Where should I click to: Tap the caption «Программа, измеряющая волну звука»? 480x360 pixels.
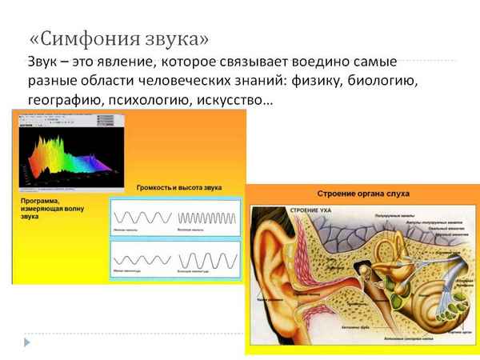[48, 206]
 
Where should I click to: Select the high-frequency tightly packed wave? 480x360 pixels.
[207, 217]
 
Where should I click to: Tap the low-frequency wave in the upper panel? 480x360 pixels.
[142, 217]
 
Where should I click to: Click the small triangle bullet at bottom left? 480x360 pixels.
[27, 342]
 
